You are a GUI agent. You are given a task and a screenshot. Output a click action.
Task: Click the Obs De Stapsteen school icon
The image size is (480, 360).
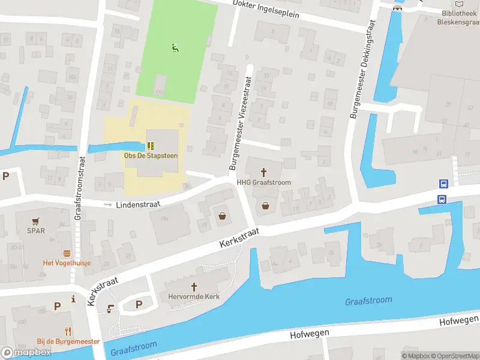(x=150, y=145)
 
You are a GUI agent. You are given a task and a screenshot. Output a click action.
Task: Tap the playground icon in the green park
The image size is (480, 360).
(x=175, y=48)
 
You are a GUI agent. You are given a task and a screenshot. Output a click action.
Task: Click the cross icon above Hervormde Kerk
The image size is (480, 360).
(x=194, y=287)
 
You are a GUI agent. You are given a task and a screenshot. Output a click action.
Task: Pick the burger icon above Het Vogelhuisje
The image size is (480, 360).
(x=67, y=253)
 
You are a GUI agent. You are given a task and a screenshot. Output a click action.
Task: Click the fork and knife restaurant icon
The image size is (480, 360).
(x=68, y=331)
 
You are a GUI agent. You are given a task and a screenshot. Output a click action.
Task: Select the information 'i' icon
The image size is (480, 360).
(x=73, y=298)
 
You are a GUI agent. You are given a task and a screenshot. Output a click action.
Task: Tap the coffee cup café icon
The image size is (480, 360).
(x=110, y=309)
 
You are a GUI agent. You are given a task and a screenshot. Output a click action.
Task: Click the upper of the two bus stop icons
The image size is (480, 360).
(x=443, y=185)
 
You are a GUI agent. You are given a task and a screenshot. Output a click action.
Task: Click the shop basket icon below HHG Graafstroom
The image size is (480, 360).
(x=265, y=206)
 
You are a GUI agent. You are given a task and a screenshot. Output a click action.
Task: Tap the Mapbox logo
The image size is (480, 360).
(x=26, y=353)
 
